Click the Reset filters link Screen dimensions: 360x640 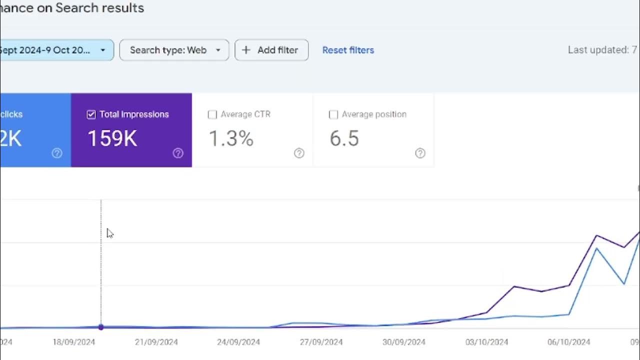pos(348,50)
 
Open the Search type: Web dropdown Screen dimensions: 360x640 pos(174,50)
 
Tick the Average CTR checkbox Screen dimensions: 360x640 pos(212,114)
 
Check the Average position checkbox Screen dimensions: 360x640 pos(333,114)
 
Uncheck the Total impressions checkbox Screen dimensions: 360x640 pos(91,114)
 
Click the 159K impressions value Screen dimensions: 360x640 pos(112,138)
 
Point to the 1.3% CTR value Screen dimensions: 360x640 pos(231,138)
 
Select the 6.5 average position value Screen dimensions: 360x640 pos(344,138)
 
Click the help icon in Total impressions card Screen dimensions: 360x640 pos(178,153)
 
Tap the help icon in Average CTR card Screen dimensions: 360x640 pos(299,153)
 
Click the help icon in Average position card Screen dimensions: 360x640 pos(420,153)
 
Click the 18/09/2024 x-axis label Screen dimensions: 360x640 pos(73,342)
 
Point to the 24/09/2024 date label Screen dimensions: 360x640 pos(238,342)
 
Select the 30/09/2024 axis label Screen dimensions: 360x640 pos(403,342)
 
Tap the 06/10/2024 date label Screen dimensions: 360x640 pos(568,342)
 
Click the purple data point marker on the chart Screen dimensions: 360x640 pos(101,327)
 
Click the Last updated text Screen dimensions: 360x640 pos(601,50)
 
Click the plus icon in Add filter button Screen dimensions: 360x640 pos(246,50)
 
